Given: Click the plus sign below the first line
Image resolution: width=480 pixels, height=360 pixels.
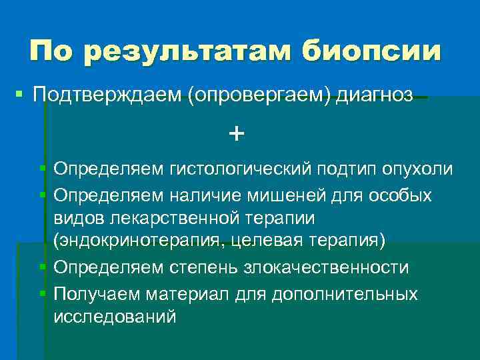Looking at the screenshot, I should tap(236, 133).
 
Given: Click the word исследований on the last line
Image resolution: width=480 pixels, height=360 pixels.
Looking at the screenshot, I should tap(115, 317).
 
